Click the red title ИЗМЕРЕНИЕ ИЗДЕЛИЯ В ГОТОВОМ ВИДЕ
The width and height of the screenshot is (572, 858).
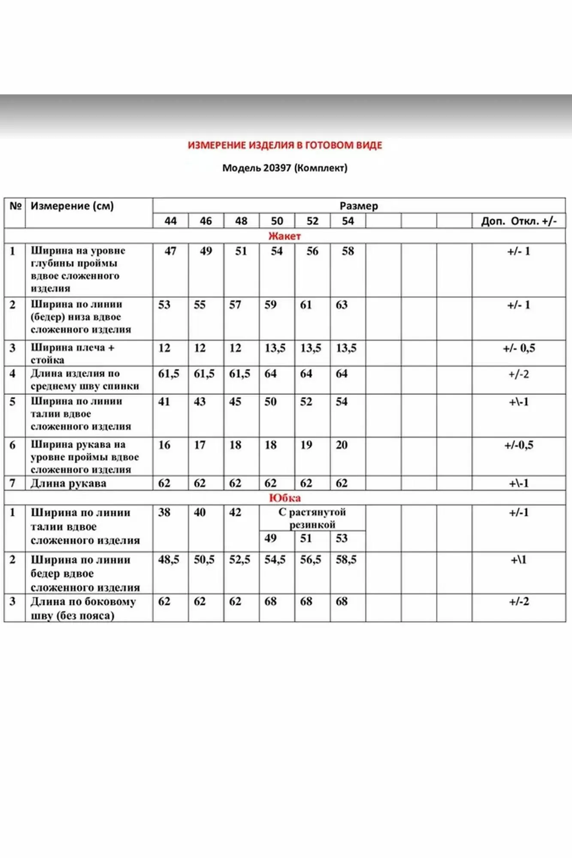(285, 145)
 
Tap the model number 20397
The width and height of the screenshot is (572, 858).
(277, 168)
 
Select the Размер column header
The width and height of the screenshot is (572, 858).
(359, 206)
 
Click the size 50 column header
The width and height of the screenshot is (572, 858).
(277, 221)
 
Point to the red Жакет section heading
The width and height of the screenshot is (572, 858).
(284, 236)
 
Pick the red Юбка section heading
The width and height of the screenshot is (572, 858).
(284, 498)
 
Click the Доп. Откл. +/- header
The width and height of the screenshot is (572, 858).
(519, 221)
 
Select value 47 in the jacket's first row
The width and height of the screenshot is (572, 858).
(170, 251)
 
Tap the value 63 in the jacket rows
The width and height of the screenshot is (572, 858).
(342, 305)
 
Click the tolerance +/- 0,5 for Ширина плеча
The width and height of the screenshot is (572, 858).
(519, 348)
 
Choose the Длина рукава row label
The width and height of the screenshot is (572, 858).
(68, 483)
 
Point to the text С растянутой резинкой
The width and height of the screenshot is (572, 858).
(312, 518)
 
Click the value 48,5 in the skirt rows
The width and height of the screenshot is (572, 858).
(169, 559)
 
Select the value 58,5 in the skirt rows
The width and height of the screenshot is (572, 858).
(346, 559)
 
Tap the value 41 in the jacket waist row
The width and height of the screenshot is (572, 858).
(164, 402)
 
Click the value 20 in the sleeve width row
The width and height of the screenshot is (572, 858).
(342, 445)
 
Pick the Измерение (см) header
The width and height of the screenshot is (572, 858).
(72, 206)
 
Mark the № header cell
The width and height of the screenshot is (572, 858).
(15, 206)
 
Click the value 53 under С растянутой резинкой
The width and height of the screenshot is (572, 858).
(342, 538)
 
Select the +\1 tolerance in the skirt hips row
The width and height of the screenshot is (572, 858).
(518, 559)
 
